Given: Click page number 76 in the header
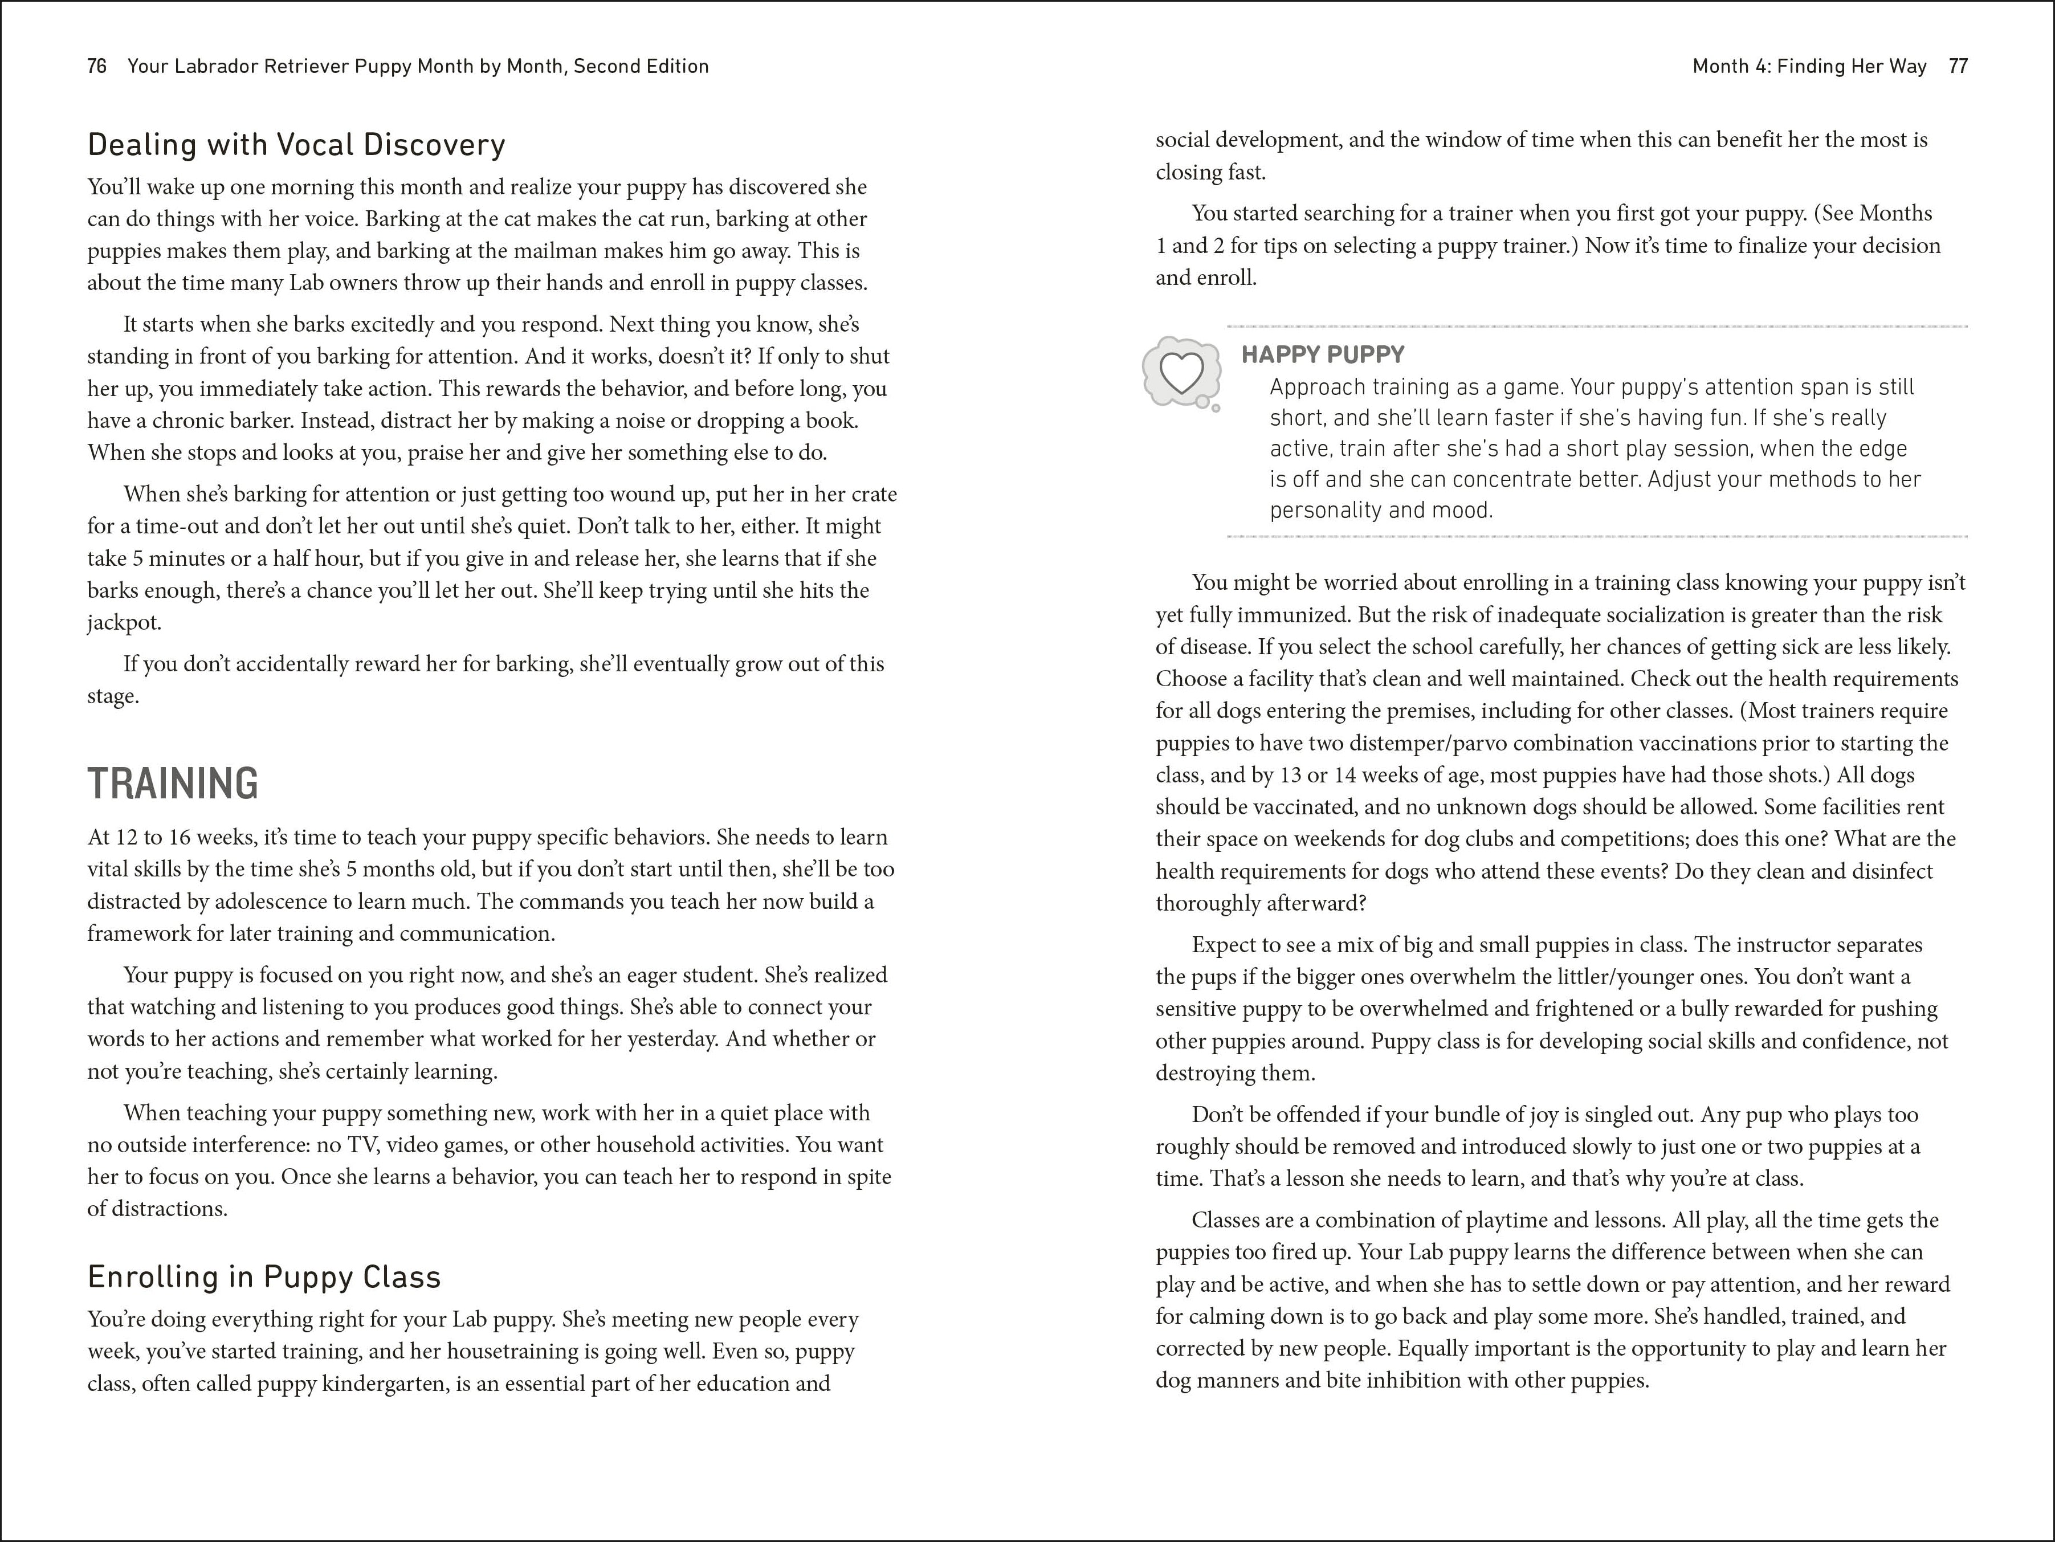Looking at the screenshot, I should (x=97, y=66).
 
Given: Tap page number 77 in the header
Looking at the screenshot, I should (x=1958, y=66).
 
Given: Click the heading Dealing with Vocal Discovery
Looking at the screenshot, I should (x=296, y=145).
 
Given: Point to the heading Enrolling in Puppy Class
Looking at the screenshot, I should (x=264, y=1277).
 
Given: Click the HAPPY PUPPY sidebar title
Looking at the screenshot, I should (x=1323, y=355).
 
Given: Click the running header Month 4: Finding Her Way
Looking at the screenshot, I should (x=1809, y=66).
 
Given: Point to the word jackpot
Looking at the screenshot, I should (x=124, y=622).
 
